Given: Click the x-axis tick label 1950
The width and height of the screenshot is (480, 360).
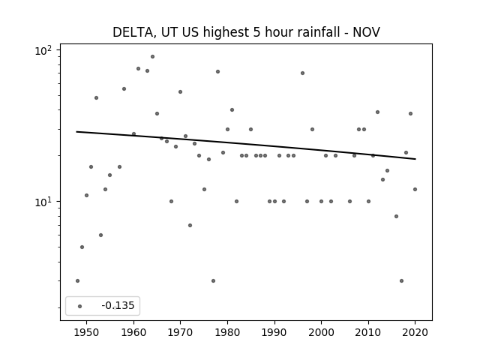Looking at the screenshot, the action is coord(87,332).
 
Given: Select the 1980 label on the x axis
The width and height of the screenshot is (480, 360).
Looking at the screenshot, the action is coord(227,332).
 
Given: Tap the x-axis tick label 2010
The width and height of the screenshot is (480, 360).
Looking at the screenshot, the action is coord(368,332).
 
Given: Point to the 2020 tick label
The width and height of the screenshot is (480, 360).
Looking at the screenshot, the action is coord(415,332).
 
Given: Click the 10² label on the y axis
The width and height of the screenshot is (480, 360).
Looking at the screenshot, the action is coord(43,50).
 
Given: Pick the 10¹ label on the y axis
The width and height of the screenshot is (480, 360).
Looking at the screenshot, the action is coord(43,202).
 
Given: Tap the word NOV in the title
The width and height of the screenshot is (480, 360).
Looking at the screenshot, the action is coord(367,32).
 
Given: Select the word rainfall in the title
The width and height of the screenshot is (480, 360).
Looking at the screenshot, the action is coord(318,32).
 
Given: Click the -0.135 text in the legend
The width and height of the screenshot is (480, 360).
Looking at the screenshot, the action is coord(118,305).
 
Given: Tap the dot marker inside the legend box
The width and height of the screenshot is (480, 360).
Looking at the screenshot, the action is coord(80,306).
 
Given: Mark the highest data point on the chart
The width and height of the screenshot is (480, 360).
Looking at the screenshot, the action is coord(152,57).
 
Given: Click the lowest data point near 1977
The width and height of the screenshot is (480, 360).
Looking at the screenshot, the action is coord(213,280).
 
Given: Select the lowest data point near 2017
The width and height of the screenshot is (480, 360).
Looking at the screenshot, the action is coord(401,280).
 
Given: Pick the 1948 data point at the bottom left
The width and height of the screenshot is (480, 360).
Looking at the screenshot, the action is coord(77,280).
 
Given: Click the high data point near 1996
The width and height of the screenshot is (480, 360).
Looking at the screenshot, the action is coord(302,73).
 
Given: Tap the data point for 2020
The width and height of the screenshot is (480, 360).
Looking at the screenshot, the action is coord(415,190).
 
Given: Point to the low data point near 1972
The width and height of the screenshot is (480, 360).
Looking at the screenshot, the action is coord(190,225).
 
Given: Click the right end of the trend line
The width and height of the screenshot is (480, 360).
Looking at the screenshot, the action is coord(415,159).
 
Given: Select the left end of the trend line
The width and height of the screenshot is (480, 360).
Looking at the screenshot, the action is coord(76,132).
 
